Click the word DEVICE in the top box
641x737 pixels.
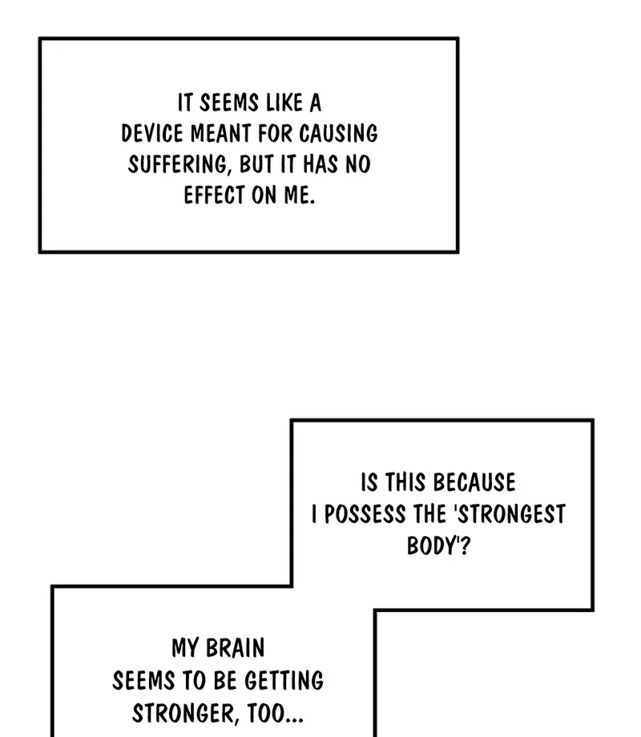click(x=152, y=134)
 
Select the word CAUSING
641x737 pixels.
click(x=338, y=134)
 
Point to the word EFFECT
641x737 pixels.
click(x=215, y=195)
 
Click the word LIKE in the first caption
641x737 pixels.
click(x=284, y=103)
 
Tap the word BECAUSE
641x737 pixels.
click(x=474, y=483)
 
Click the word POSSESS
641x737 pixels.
click(x=365, y=514)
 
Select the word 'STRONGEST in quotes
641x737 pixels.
click(x=510, y=514)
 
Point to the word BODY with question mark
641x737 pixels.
click(x=438, y=546)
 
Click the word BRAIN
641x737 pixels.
click(x=235, y=648)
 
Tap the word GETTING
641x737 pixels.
click(x=284, y=681)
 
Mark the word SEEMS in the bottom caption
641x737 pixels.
click(x=143, y=681)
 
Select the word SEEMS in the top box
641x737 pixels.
click(x=229, y=103)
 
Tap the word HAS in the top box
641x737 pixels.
click(x=320, y=164)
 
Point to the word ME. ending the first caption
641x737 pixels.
click(x=299, y=195)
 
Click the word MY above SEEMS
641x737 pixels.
click(x=185, y=648)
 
